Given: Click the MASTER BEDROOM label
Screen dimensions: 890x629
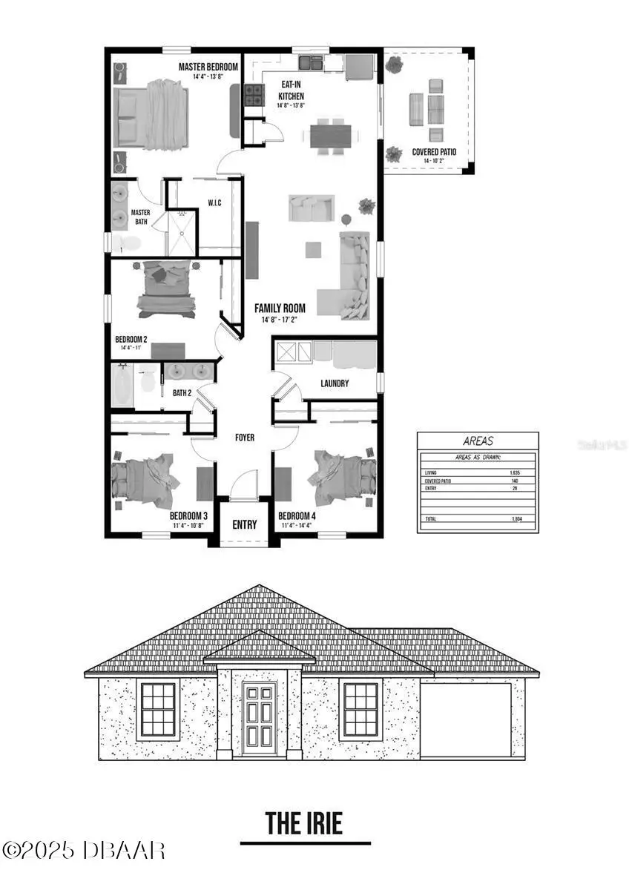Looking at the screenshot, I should click(x=208, y=67).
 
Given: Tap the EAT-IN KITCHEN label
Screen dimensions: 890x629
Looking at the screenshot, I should click(x=291, y=90).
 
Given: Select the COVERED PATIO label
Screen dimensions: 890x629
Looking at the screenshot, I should click(x=434, y=151).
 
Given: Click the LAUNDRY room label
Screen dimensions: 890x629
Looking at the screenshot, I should click(x=335, y=383).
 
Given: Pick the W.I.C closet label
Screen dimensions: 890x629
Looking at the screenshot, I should click(x=215, y=203).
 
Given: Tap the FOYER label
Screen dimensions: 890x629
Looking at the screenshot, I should click(x=245, y=438).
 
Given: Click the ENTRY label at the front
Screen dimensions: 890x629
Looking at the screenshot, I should click(x=245, y=524).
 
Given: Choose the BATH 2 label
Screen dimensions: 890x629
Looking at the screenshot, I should click(x=182, y=393).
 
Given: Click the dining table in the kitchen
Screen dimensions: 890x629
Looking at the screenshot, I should click(x=331, y=136).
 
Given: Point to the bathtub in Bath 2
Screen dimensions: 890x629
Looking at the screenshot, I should click(x=123, y=384).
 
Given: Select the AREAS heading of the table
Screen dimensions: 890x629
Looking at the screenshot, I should click(x=478, y=441).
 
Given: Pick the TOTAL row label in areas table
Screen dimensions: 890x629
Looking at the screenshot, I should click(x=431, y=518).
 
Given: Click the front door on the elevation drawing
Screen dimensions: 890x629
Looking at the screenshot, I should click(x=258, y=716).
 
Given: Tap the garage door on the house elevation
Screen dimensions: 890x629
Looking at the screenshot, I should click(x=466, y=719).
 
